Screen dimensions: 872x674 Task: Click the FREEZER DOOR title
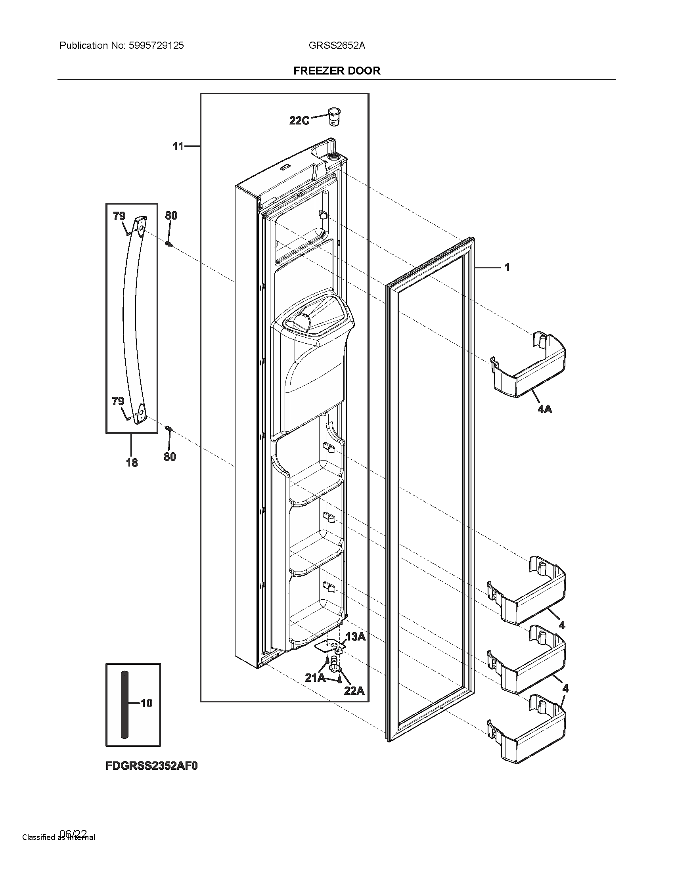coord(337,71)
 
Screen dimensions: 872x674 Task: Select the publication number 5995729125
coord(156,46)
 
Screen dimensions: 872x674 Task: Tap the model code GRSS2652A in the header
coord(337,46)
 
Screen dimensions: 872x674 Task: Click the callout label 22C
coord(299,120)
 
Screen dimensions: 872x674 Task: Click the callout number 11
coord(178,147)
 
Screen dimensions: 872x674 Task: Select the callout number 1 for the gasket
coord(507,267)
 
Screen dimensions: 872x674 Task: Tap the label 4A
coord(545,409)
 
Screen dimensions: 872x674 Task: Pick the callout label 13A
coord(355,637)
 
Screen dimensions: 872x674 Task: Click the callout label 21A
coord(315,678)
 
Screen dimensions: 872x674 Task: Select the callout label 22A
coord(354,690)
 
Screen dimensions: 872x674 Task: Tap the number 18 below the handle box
coord(132,463)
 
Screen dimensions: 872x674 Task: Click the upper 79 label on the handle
coord(119,216)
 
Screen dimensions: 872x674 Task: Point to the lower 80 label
coord(170,456)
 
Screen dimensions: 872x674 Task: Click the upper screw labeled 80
coord(169,243)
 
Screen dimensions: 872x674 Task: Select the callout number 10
coord(147,703)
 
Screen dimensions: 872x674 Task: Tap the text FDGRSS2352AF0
coord(152,766)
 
